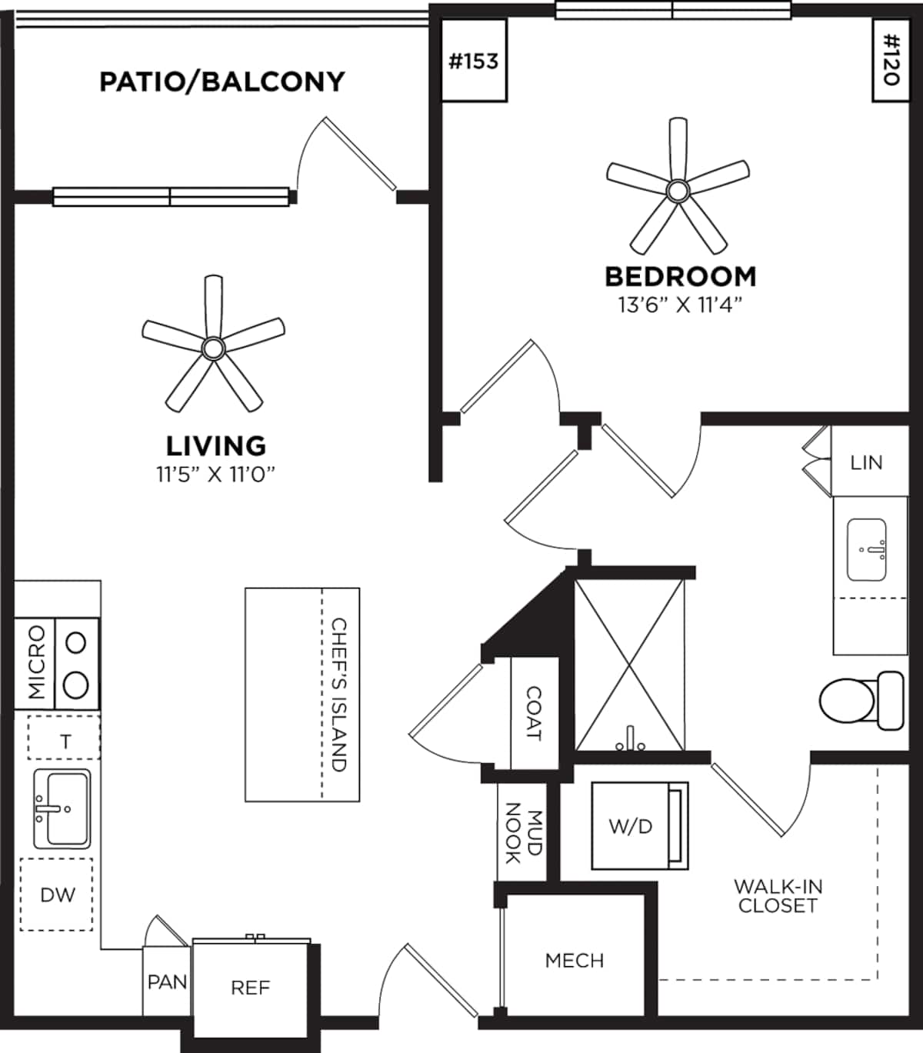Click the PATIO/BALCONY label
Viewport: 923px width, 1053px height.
(222, 82)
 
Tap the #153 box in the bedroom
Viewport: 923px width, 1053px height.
(473, 62)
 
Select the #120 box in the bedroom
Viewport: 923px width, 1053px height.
(891, 60)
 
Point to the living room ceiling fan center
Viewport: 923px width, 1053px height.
(212, 348)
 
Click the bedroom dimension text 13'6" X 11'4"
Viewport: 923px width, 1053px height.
(680, 305)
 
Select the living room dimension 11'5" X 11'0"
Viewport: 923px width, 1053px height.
(216, 475)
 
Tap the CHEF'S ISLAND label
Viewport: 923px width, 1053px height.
(339, 695)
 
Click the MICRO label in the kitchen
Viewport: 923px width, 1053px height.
(35, 662)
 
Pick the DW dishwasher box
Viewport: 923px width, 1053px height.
(58, 895)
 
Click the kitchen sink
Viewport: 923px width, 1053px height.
(62, 808)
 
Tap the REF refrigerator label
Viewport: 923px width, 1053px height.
(250, 988)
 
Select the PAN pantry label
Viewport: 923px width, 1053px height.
(167, 982)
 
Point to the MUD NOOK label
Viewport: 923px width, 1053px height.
(523, 832)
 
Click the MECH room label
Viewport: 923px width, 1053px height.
(574, 960)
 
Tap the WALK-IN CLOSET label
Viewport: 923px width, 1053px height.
(777, 896)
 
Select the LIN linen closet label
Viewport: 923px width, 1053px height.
(866, 463)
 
